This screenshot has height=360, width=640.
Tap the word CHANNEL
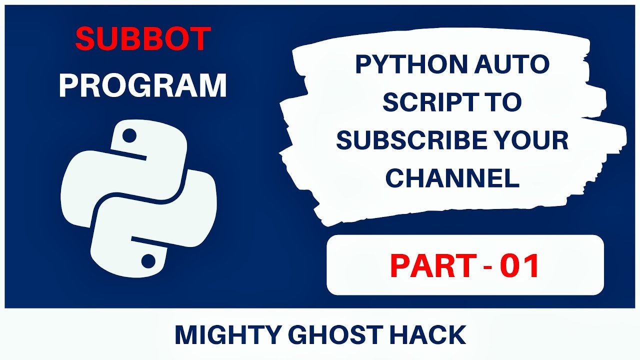(x=452, y=178)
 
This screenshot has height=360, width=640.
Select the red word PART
(x=425, y=265)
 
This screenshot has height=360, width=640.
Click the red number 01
(x=520, y=265)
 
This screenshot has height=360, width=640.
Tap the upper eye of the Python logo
(x=129, y=135)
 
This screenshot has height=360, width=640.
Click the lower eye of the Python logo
(x=147, y=260)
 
